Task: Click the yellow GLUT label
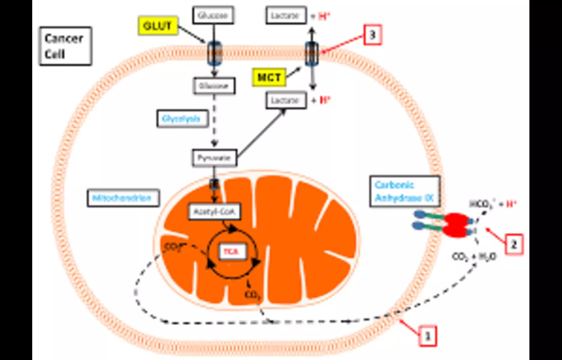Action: pyautogui.click(x=157, y=26)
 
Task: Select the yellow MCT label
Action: pyautogui.click(x=269, y=77)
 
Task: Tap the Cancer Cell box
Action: pyautogui.click(x=65, y=46)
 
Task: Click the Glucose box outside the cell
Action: pyautogui.click(x=213, y=15)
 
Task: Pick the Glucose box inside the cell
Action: pyautogui.click(x=214, y=86)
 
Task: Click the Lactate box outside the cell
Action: pyautogui.click(x=286, y=16)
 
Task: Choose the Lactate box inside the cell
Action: pyautogui.click(x=286, y=100)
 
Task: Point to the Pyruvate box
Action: pyautogui.click(x=214, y=158)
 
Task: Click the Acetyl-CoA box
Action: pyautogui.click(x=214, y=212)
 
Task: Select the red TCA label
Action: pyautogui.click(x=232, y=251)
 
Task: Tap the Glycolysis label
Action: pyautogui.click(x=182, y=118)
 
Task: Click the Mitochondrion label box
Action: pyautogui.click(x=123, y=198)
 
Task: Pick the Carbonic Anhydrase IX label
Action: pyautogui.click(x=404, y=191)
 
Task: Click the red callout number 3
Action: pyautogui.click(x=372, y=35)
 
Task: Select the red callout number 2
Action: pyautogui.click(x=514, y=244)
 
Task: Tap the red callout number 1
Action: pyautogui.click(x=427, y=336)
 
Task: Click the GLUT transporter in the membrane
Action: pyautogui.click(x=215, y=54)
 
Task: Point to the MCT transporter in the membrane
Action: pyautogui.click(x=312, y=54)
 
